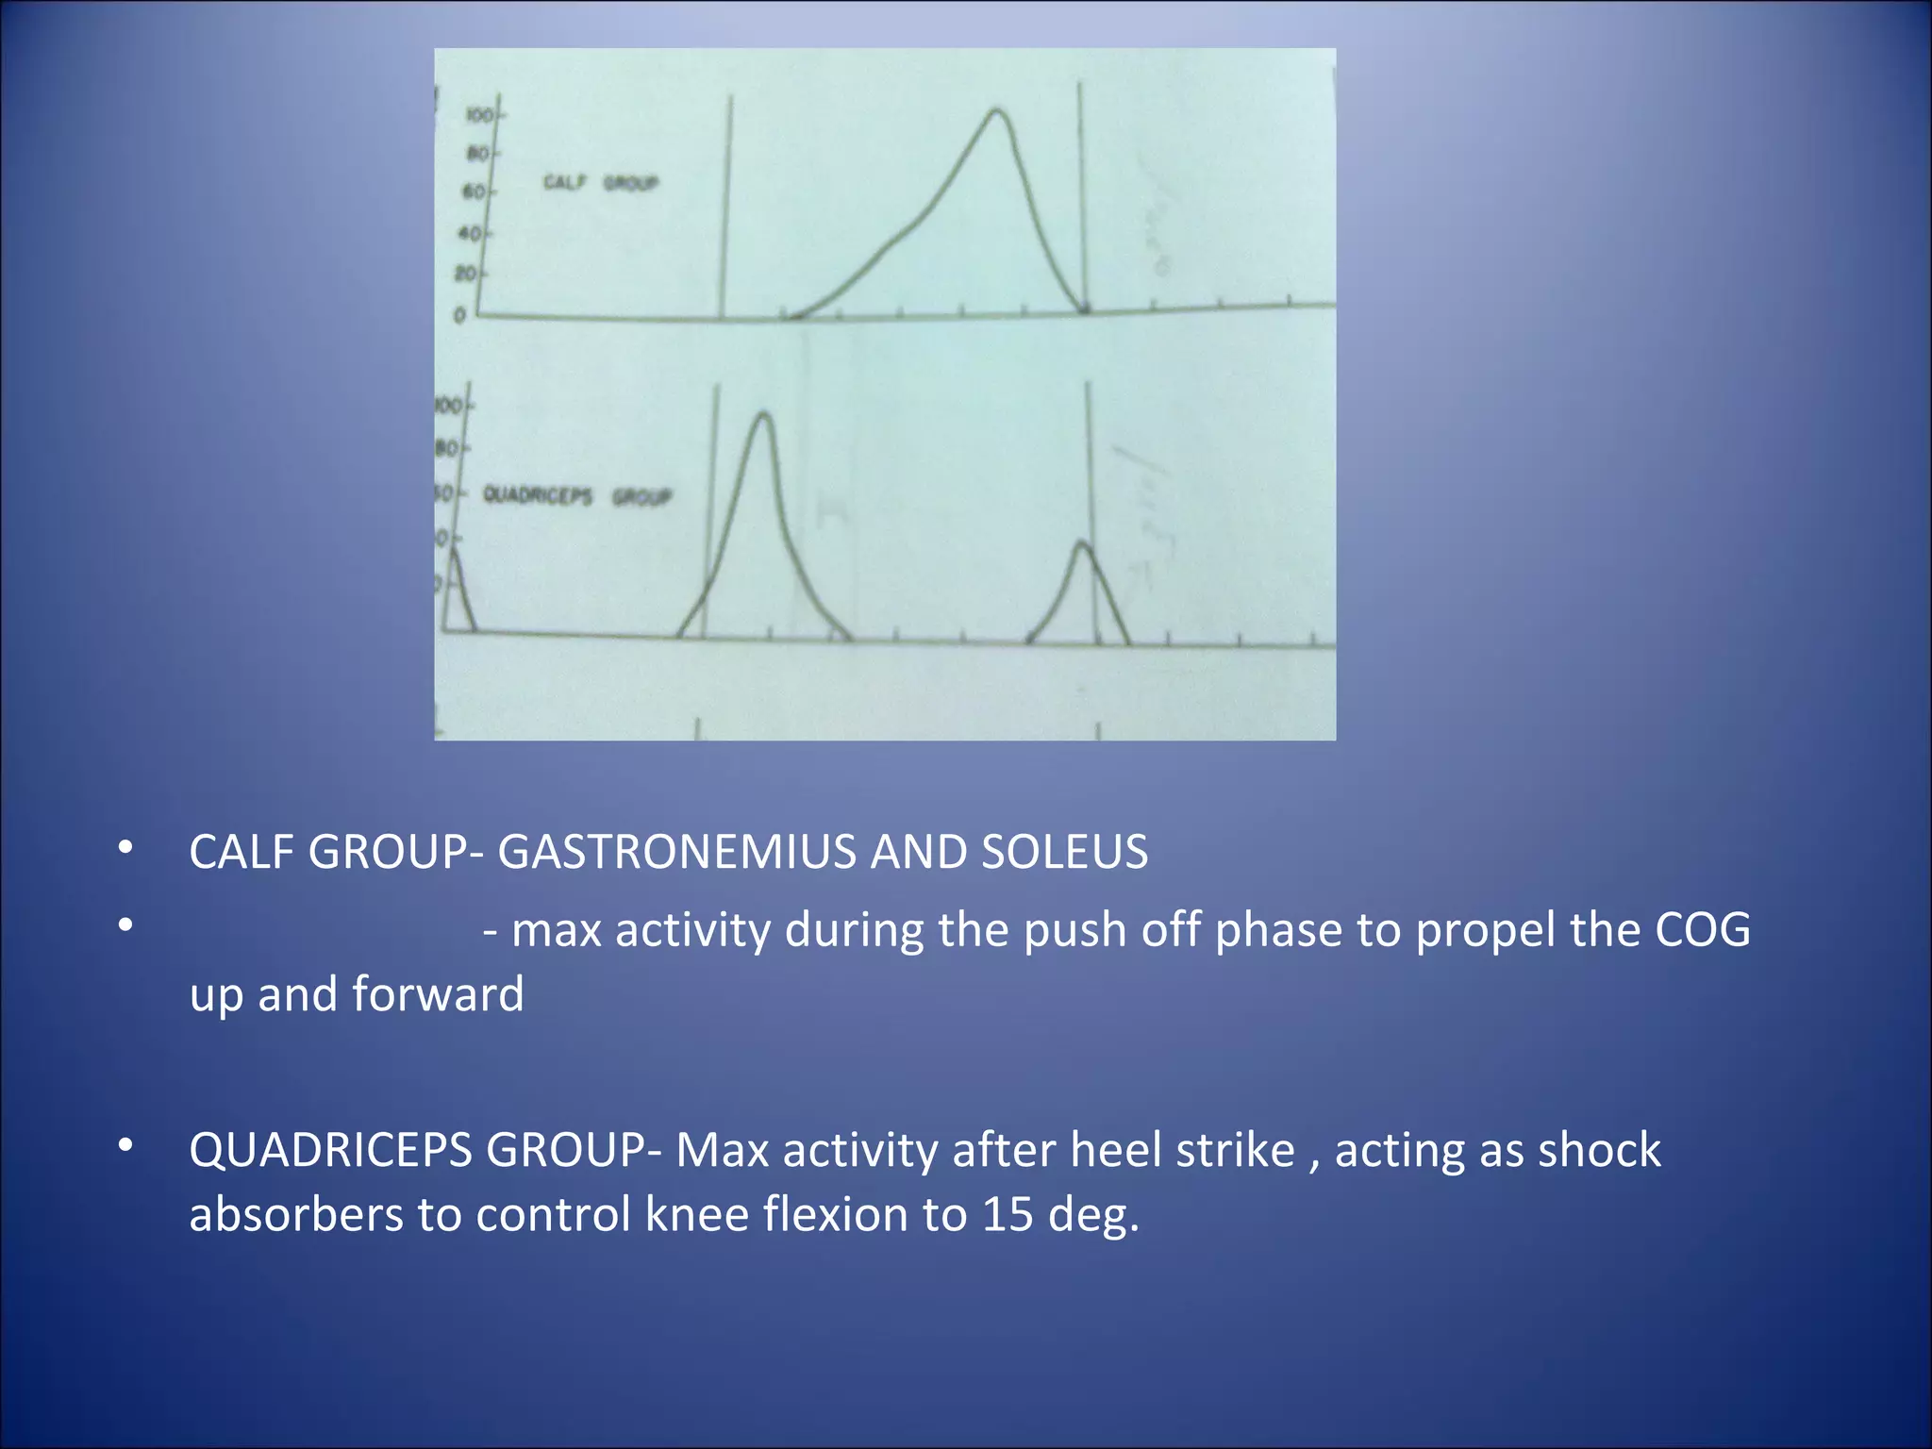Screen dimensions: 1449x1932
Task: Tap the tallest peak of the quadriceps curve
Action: pos(763,415)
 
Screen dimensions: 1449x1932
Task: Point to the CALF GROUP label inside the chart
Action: pos(600,182)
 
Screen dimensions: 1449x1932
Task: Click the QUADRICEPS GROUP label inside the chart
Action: pos(576,495)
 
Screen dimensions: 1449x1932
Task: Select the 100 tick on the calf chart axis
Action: pos(479,115)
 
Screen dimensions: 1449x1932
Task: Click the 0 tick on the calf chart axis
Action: pos(460,315)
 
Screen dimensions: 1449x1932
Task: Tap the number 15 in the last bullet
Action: pos(1008,1214)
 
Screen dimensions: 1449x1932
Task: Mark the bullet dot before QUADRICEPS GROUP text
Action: pos(125,1146)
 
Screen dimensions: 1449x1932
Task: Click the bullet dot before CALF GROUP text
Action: pos(125,848)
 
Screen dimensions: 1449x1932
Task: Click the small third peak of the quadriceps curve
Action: pos(1083,544)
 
